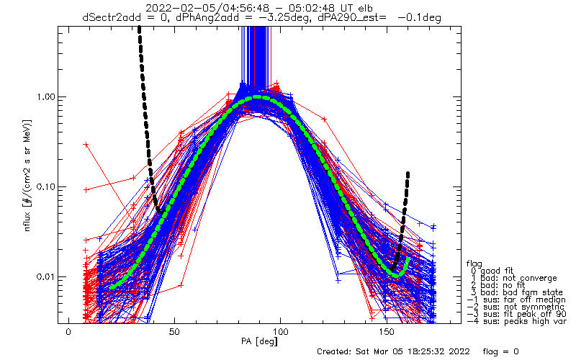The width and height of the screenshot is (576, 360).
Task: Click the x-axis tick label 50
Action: (x=174, y=332)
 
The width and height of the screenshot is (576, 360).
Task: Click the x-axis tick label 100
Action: (x=281, y=332)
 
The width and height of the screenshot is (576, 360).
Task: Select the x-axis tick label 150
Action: (x=387, y=332)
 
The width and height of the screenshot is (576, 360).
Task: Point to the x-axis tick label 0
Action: (x=68, y=332)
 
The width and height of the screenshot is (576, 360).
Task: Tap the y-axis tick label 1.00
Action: (x=45, y=97)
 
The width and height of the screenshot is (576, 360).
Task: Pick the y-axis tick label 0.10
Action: (x=45, y=186)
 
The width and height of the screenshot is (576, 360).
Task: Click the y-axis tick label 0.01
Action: (x=45, y=276)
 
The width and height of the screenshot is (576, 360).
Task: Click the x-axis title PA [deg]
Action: (x=259, y=341)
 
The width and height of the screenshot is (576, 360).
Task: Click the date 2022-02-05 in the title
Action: (x=173, y=8)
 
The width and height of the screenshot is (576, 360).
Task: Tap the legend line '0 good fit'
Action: (x=491, y=271)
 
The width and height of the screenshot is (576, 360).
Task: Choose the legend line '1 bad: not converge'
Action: (x=513, y=278)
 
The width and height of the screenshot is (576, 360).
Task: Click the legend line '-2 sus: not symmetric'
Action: (x=516, y=307)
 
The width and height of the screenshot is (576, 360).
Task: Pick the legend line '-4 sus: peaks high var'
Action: (x=516, y=321)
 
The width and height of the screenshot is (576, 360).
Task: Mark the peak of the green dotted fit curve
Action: (x=257, y=97)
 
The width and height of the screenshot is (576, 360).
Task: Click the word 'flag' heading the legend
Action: (x=474, y=264)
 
